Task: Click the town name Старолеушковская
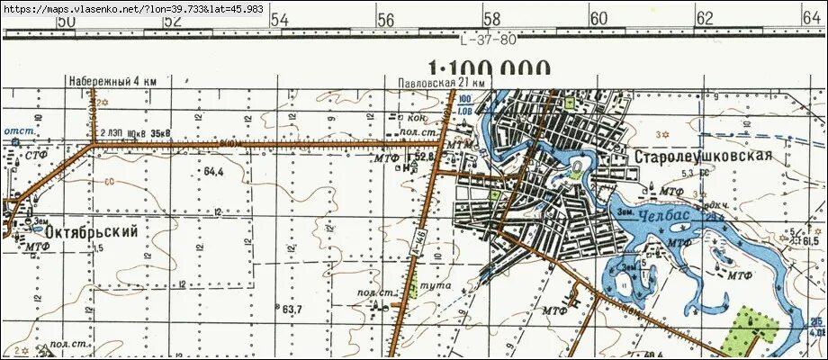(x=704, y=157)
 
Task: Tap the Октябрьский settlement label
(x=87, y=232)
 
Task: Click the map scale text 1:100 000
(x=490, y=70)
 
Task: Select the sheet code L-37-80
(x=488, y=40)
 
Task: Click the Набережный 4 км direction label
(x=112, y=82)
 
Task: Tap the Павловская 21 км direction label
(x=442, y=83)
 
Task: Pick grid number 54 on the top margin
(x=280, y=19)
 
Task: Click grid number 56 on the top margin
(x=386, y=19)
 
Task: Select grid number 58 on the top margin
(x=491, y=19)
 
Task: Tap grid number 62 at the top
(x=705, y=19)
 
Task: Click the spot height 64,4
(x=213, y=171)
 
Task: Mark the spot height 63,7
(x=291, y=310)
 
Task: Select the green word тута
(x=440, y=285)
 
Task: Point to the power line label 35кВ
(x=161, y=133)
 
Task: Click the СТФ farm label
(x=36, y=156)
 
